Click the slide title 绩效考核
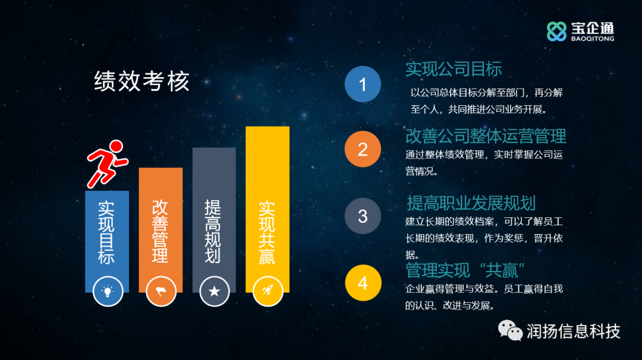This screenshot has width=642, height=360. (141, 81)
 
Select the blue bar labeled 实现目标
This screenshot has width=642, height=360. (107, 241)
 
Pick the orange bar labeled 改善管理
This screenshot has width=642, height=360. (160, 230)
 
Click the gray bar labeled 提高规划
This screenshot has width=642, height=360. (214, 220)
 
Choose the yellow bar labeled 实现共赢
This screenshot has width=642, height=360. (267, 210)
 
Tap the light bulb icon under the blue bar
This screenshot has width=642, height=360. (108, 291)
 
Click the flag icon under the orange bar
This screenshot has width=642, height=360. (161, 291)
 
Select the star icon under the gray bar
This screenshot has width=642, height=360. (214, 291)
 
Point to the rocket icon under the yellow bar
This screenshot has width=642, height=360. (267, 291)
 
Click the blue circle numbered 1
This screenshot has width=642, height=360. (363, 84)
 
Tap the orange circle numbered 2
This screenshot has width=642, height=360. (363, 149)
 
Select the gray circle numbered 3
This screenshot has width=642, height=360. (363, 216)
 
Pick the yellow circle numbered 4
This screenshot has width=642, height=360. (363, 283)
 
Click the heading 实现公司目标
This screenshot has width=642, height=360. (454, 69)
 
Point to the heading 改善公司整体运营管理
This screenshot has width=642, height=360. (486, 136)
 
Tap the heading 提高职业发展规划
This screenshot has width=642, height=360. (471, 203)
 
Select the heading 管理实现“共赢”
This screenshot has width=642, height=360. (465, 270)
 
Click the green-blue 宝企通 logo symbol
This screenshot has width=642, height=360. (556, 31)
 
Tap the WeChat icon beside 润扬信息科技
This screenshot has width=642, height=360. (510, 330)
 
